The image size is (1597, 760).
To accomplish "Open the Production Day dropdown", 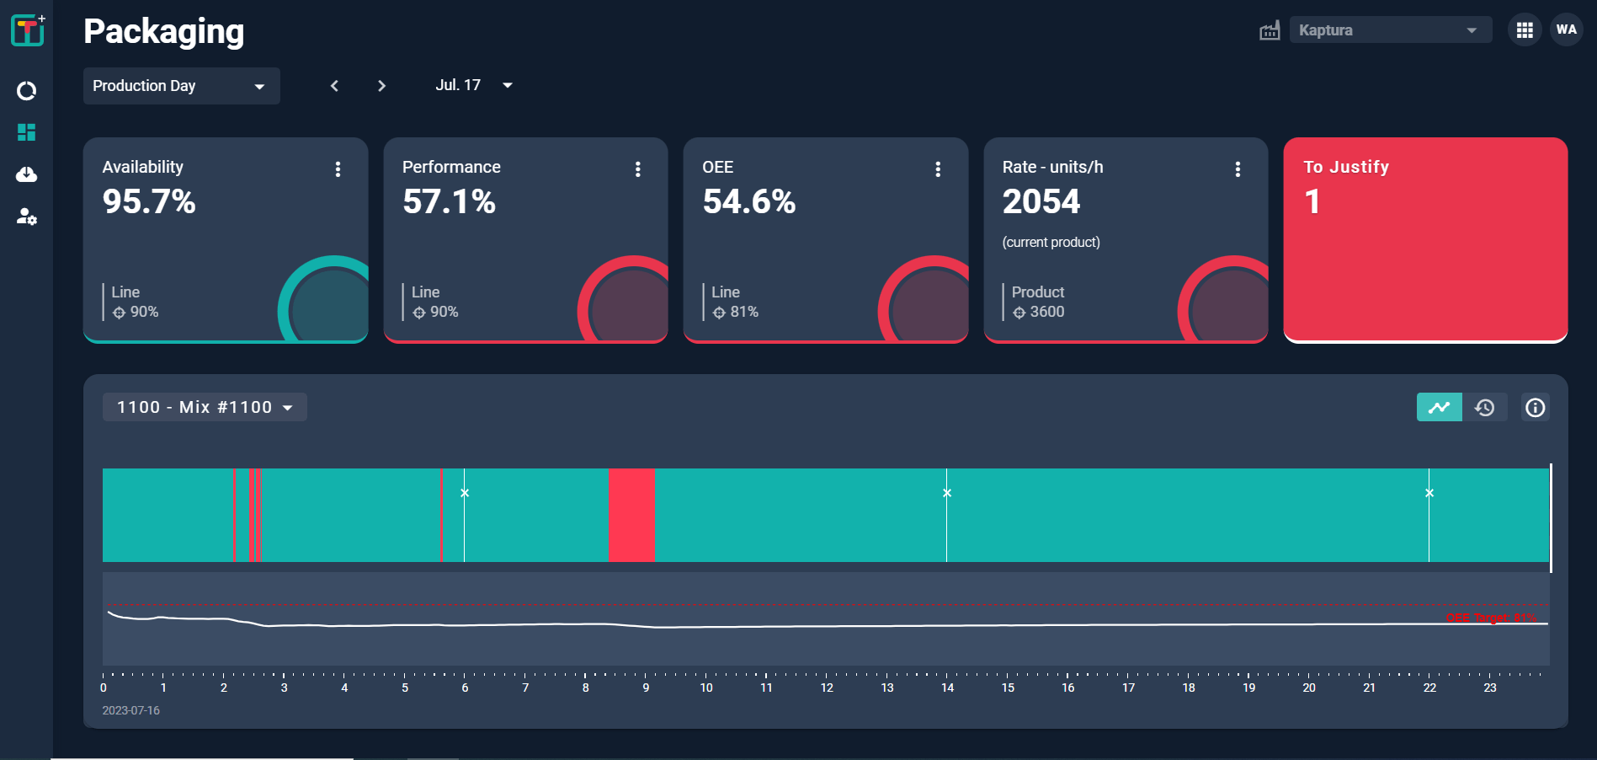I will coord(181,86).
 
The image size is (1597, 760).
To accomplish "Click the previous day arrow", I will coord(334,86).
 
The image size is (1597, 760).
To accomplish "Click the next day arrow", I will coord(381,86).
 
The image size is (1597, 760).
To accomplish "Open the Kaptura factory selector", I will coord(1390,30).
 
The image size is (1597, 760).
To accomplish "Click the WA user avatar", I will coord(1566,29).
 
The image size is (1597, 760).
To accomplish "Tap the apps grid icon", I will coord(1524,30).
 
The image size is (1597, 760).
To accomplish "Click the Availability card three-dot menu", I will coord(338,169).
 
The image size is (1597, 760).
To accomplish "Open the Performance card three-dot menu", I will coord(637,169).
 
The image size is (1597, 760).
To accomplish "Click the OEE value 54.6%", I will coord(748,201).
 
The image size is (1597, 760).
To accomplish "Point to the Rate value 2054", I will coord(1041,201).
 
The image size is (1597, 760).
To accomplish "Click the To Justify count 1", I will coord(1312,202).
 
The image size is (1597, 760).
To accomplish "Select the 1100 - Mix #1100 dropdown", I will coord(205,407).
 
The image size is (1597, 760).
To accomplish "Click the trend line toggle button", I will coord(1439,407).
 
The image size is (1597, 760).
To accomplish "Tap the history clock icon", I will coord(1485,407).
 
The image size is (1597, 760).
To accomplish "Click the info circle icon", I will coord(1535,408).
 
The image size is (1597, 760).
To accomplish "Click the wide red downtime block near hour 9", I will coord(631,515).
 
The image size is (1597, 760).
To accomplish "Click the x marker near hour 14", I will coord(947,493).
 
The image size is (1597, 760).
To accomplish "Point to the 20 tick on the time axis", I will coord(1309,687).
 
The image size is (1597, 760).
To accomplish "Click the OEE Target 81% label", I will coord(1491,618).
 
